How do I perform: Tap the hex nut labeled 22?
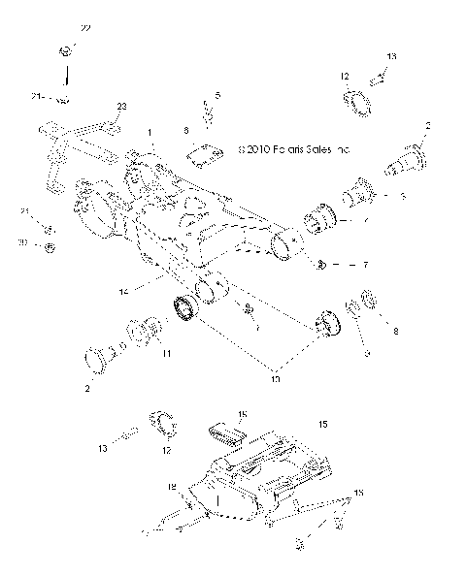click(64, 50)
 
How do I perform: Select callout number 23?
click(121, 106)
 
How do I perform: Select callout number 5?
click(217, 95)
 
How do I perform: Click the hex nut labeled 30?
click(50, 248)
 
